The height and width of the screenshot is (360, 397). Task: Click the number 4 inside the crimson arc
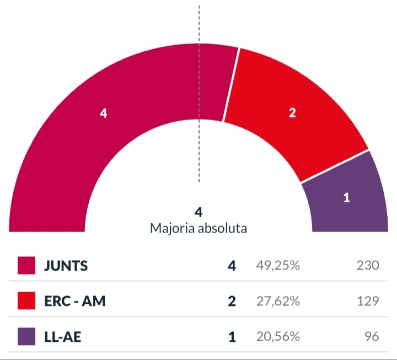click(103, 113)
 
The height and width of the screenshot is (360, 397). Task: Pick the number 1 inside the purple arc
click(346, 198)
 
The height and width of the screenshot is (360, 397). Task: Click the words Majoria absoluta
click(198, 228)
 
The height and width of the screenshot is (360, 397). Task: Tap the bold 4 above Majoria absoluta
click(198, 212)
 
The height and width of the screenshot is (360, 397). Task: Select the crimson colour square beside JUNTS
click(26, 266)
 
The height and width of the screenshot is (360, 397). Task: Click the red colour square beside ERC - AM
click(26, 301)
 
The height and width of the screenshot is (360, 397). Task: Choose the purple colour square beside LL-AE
click(26, 336)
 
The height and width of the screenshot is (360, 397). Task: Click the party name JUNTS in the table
click(66, 266)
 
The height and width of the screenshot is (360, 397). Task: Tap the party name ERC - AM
click(74, 301)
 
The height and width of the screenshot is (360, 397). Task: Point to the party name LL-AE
click(62, 336)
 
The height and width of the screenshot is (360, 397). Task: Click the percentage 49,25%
click(278, 266)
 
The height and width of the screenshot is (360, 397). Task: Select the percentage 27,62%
click(278, 301)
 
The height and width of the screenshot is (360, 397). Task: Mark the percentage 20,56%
click(278, 336)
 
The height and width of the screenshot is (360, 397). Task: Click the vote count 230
click(367, 266)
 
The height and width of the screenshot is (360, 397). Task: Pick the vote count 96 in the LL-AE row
click(372, 336)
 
